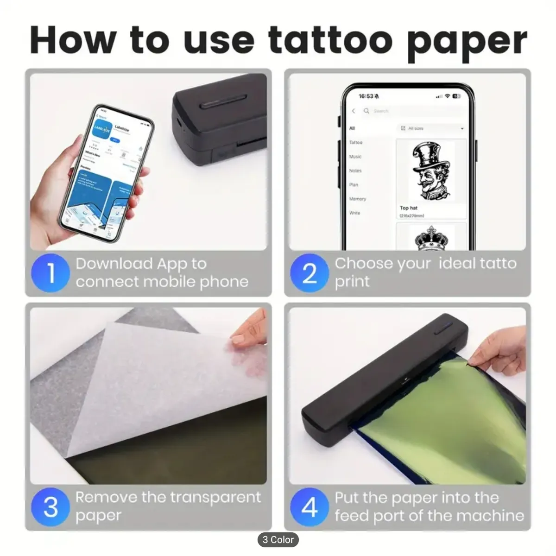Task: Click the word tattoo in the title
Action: (x=330, y=40)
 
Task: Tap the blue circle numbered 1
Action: (x=51, y=273)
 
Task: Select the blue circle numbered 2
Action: (x=309, y=273)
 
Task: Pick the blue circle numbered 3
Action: (x=51, y=507)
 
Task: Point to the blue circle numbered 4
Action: (x=309, y=507)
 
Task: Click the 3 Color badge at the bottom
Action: (x=278, y=540)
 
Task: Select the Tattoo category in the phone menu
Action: (x=356, y=143)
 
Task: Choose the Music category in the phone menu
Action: (x=355, y=157)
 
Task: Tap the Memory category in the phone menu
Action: (x=357, y=199)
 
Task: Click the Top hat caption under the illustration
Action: (x=409, y=208)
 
